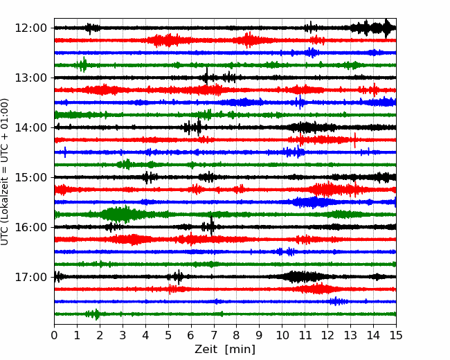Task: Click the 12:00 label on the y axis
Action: point(30,28)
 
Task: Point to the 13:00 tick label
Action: point(30,78)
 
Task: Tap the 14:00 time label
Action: point(30,128)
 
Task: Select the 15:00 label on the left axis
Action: point(30,177)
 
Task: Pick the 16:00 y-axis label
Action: point(30,227)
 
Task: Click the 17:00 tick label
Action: point(30,278)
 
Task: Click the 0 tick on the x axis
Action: point(54,335)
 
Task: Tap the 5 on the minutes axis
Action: point(168,335)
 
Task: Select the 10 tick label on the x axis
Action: point(282,335)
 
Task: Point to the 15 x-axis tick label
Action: point(396,335)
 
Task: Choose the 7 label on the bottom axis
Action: point(214,335)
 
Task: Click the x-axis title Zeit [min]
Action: point(225,350)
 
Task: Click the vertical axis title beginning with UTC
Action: point(5,172)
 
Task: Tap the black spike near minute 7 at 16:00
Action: point(212,226)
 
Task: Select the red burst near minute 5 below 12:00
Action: point(166,40)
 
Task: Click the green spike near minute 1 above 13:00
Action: point(84,64)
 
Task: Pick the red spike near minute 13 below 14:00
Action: point(355,141)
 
